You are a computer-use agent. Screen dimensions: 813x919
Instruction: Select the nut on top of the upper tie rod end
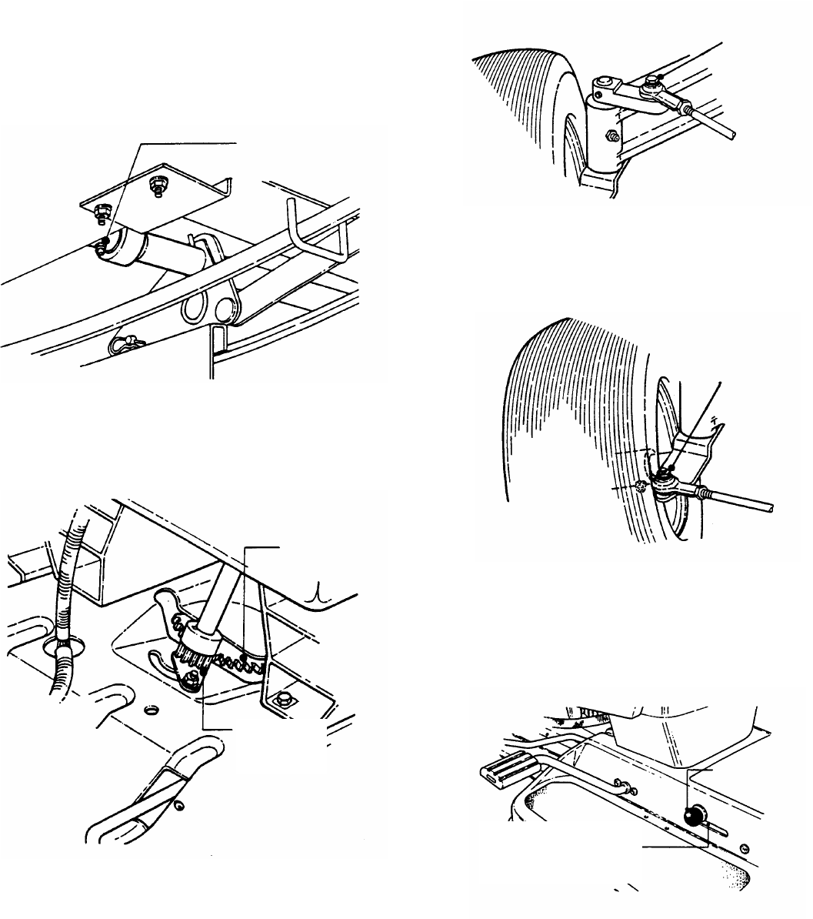point(651,79)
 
